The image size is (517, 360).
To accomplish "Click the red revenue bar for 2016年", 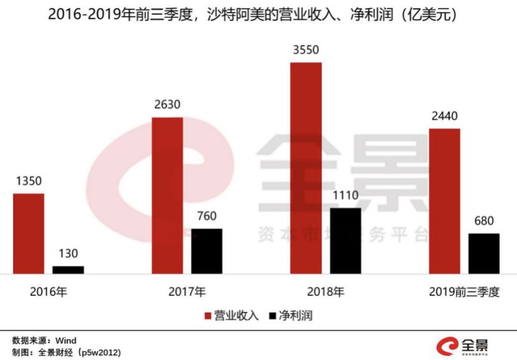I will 29,234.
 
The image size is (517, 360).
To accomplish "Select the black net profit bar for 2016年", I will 68,270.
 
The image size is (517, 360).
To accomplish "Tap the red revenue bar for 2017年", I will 167,195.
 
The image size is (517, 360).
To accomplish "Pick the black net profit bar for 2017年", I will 206,251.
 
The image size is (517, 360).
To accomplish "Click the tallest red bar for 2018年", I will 306,168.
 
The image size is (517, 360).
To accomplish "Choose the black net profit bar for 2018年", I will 345,240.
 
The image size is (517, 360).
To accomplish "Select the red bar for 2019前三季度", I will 444,201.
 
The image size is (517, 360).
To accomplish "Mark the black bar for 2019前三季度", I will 483,253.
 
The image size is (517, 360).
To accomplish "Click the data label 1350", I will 29,181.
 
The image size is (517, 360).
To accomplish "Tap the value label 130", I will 68,254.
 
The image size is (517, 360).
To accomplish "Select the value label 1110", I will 345,196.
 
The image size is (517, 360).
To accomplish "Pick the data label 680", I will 483,221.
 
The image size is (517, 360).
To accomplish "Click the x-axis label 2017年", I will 187,291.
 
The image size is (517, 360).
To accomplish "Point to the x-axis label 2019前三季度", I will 464,291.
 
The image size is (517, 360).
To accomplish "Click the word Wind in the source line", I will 66,341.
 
